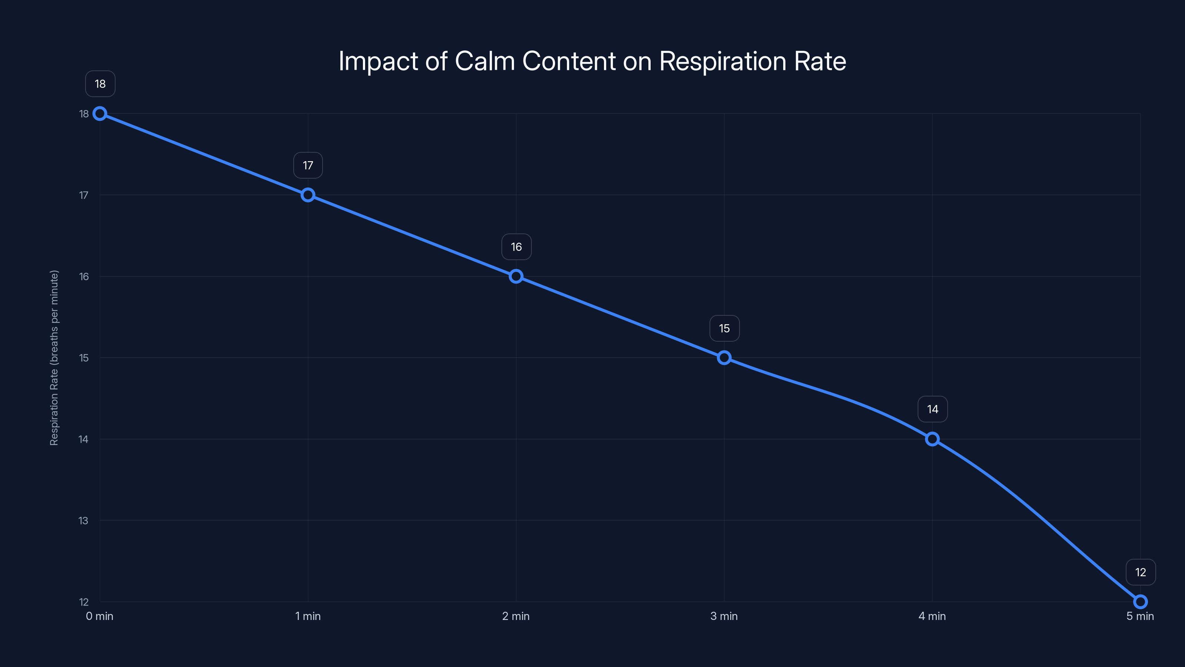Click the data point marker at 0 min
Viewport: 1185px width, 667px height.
(x=100, y=114)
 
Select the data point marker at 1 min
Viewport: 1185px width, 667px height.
(x=308, y=195)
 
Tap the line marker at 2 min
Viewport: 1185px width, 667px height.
(x=516, y=276)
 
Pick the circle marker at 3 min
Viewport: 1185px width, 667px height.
(x=724, y=358)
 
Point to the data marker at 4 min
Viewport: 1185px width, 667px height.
(x=932, y=439)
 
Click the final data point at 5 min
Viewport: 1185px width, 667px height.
(x=1141, y=602)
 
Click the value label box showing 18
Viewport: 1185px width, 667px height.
(x=100, y=84)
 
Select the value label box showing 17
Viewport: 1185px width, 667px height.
(x=308, y=165)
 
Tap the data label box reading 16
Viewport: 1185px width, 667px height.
(x=516, y=247)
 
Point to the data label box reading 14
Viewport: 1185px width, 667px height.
(x=932, y=409)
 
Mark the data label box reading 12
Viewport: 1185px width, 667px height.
(x=1141, y=572)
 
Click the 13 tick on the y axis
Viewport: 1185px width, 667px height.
(x=83, y=521)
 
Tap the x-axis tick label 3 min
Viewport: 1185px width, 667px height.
(x=724, y=616)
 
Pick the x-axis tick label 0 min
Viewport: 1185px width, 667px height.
(x=99, y=616)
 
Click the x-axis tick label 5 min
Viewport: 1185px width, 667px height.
(x=1140, y=616)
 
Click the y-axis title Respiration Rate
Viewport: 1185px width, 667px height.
(x=54, y=358)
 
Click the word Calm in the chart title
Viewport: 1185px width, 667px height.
(x=485, y=61)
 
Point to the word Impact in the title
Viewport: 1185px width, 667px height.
(x=378, y=61)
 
